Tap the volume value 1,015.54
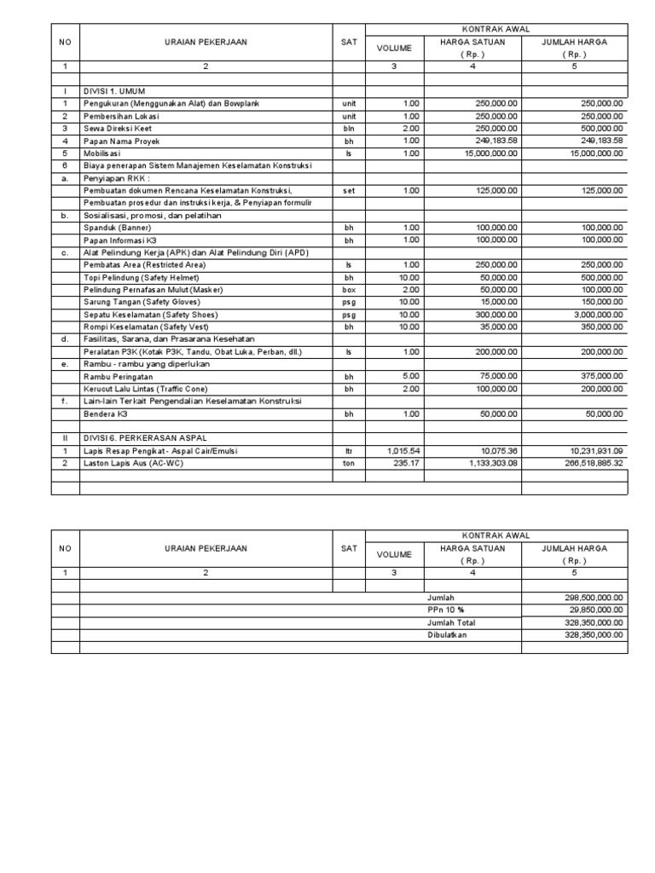pyautogui.click(x=403, y=451)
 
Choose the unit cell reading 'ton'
pyautogui.click(x=348, y=463)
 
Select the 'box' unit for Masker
pyautogui.click(x=348, y=290)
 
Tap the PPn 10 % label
pyautogui.click(x=447, y=610)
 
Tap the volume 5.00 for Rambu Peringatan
pyautogui.click(x=409, y=376)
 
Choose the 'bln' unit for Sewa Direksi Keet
pyautogui.click(x=348, y=129)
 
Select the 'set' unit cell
pyautogui.click(x=348, y=191)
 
